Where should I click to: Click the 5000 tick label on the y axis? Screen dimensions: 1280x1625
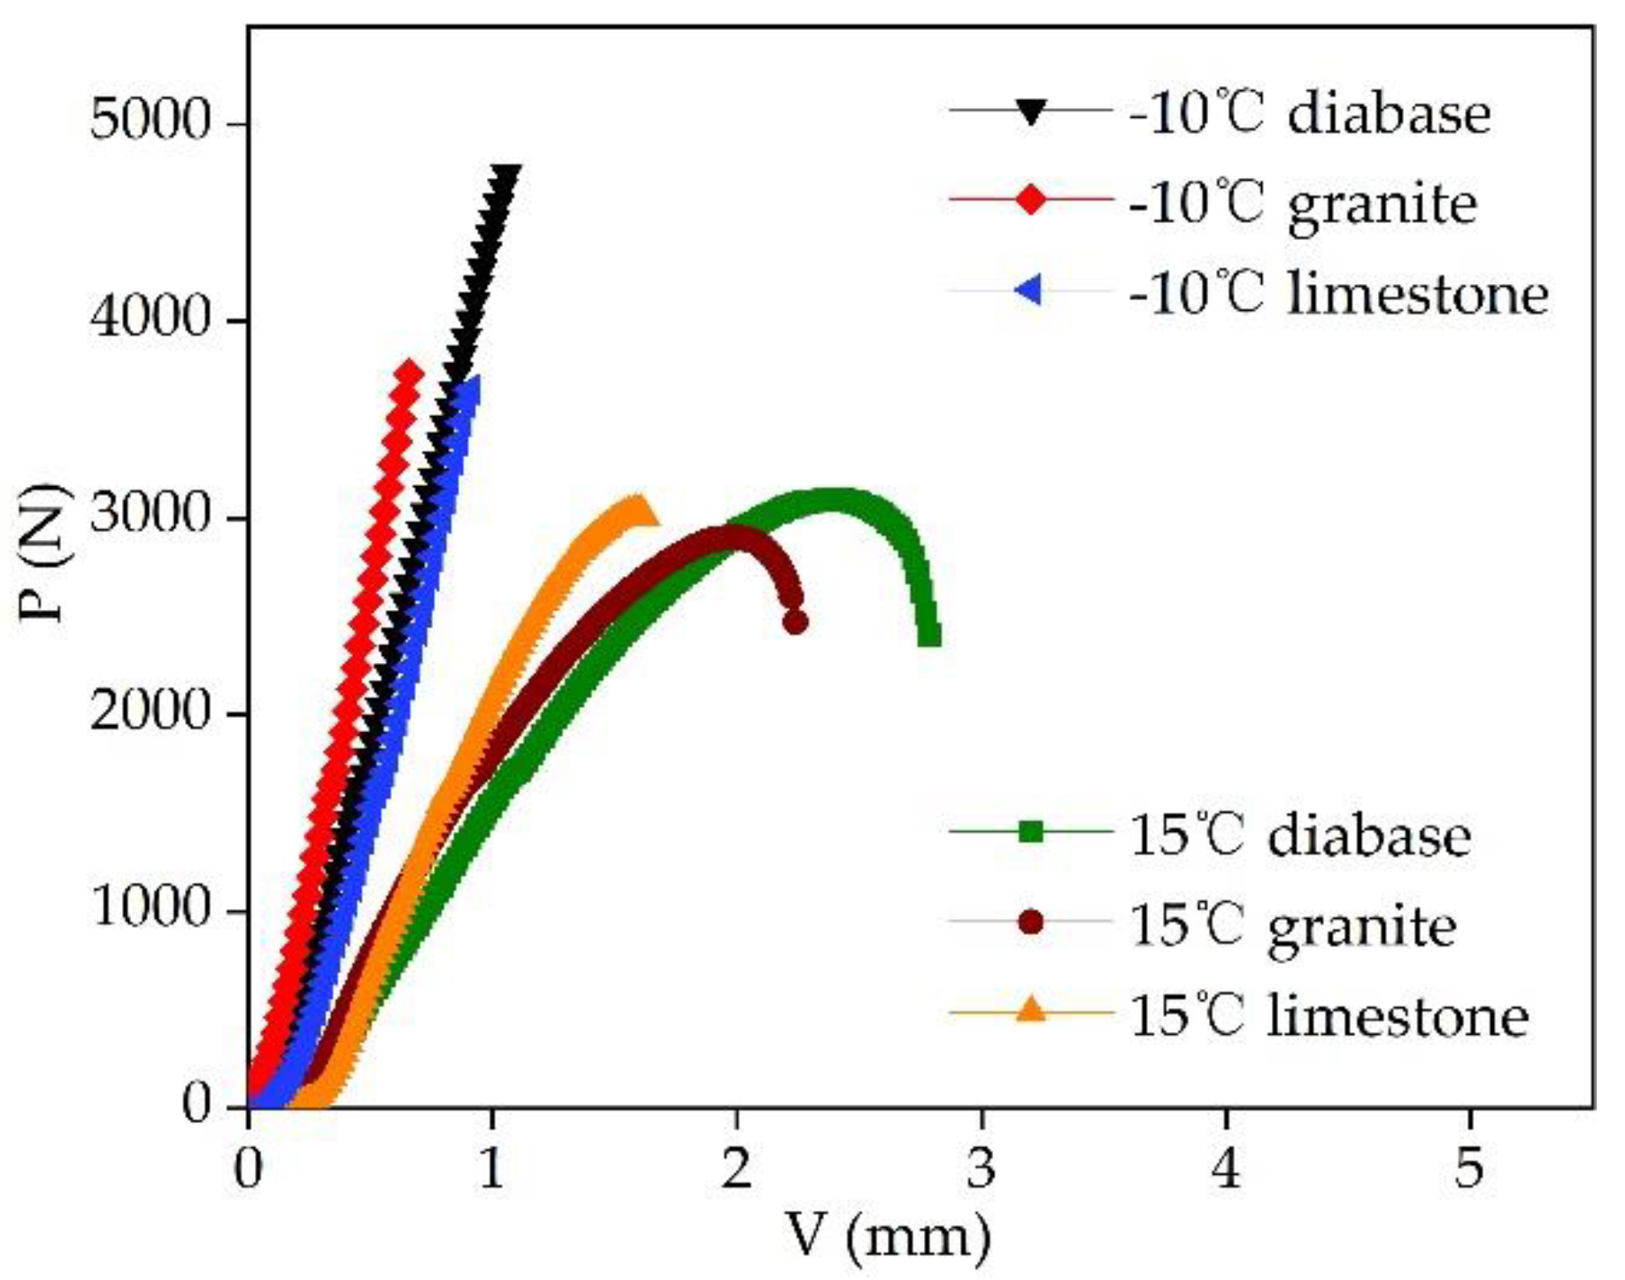pos(149,121)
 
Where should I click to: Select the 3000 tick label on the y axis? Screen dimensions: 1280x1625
pos(149,515)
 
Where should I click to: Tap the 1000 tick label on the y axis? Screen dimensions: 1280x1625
pos(149,909)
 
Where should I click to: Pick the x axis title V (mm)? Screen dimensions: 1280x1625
pos(888,1236)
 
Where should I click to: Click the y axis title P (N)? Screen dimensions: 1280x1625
pos(44,553)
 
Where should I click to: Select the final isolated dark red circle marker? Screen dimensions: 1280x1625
pos(796,622)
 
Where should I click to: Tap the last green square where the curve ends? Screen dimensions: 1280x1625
pos(929,636)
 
